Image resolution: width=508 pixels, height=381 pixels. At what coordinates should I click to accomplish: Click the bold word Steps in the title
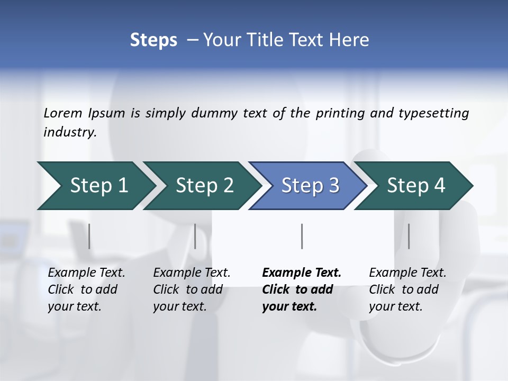[153, 40]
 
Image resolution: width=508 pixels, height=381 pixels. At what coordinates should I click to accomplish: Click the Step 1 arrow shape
[98, 186]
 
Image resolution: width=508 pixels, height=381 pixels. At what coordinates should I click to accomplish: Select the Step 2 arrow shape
[204, 186]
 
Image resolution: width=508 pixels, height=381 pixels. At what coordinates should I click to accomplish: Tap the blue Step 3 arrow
[310, 186]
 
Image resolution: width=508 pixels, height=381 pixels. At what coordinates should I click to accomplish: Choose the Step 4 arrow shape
[416, 186]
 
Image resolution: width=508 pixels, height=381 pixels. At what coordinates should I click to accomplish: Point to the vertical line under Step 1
[89, 236]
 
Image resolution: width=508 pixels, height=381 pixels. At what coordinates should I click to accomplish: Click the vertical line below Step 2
[195, 236]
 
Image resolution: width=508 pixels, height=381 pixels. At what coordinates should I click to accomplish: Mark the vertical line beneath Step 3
[302, 236]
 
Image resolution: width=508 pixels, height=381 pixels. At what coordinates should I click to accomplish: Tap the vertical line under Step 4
[409, 236]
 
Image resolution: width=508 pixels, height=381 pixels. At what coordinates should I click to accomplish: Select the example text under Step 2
[192, 289]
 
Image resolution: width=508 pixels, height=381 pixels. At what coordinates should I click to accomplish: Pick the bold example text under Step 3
[301, 289]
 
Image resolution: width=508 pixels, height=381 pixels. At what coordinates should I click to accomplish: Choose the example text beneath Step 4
[407, 289]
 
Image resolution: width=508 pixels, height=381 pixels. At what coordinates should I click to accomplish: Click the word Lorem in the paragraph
[63, 113]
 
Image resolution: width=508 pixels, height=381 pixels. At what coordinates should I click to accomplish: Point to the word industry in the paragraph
[69, 132]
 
